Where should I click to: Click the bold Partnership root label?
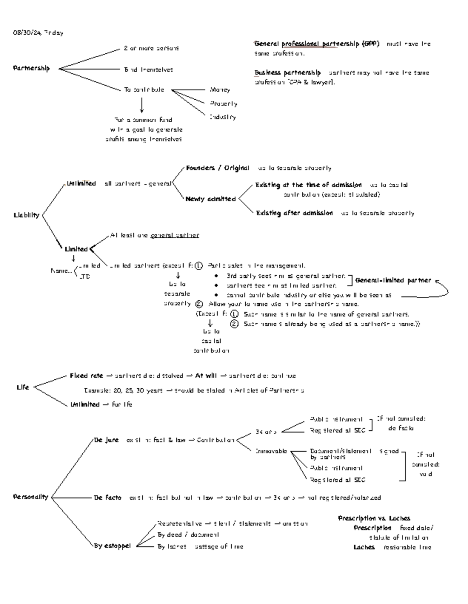tap(32, 68)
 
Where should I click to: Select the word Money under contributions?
tap(220, 90)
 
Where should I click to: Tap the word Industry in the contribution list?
tap(223, 117)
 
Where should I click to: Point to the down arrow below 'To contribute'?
tap(142, 105)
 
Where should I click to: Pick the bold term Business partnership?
tap(287, 72)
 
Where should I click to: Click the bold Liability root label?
tap(27, 215)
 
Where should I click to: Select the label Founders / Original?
tap(218, 168)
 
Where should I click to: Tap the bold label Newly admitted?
tap(211, 199)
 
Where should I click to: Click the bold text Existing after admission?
tap(294, 213)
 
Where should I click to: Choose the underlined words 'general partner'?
tap(175, 235)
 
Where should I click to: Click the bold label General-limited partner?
tap(393, 280)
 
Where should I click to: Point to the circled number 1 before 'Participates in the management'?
tap(199, 266)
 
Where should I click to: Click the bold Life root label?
tap(23, 387)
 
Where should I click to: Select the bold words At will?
tap(206, 376)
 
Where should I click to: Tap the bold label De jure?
tap(106, 440)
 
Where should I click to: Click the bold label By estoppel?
tap(112, 546)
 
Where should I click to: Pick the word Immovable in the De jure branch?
tap(271, 451)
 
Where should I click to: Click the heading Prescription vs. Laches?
tap(374, 518)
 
